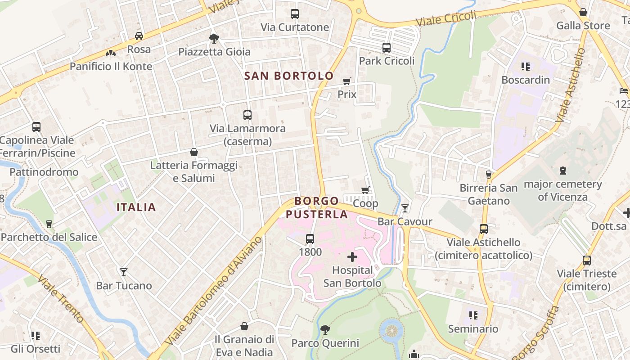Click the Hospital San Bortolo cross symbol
pos(352,257)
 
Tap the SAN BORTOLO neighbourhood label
pos(289,76)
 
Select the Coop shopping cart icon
pos(365,190)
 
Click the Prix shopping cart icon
pos(346,81)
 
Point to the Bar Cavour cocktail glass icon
pos(405,208)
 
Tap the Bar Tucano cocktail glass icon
pos(124,272)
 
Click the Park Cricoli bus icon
pos(386,48)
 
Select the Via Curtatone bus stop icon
pos(295,14)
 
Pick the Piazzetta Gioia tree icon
pos(214,39)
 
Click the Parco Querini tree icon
pos(325,330)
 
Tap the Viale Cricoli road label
pos(445,19)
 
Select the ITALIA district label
pos(136,207)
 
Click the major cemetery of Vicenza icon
pos(562,171)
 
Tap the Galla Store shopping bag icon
pos(583,12)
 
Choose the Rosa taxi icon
pos(139,36)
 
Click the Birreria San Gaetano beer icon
pos(488,174)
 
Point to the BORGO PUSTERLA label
pos(317,207)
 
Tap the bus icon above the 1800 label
pos(310,239)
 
